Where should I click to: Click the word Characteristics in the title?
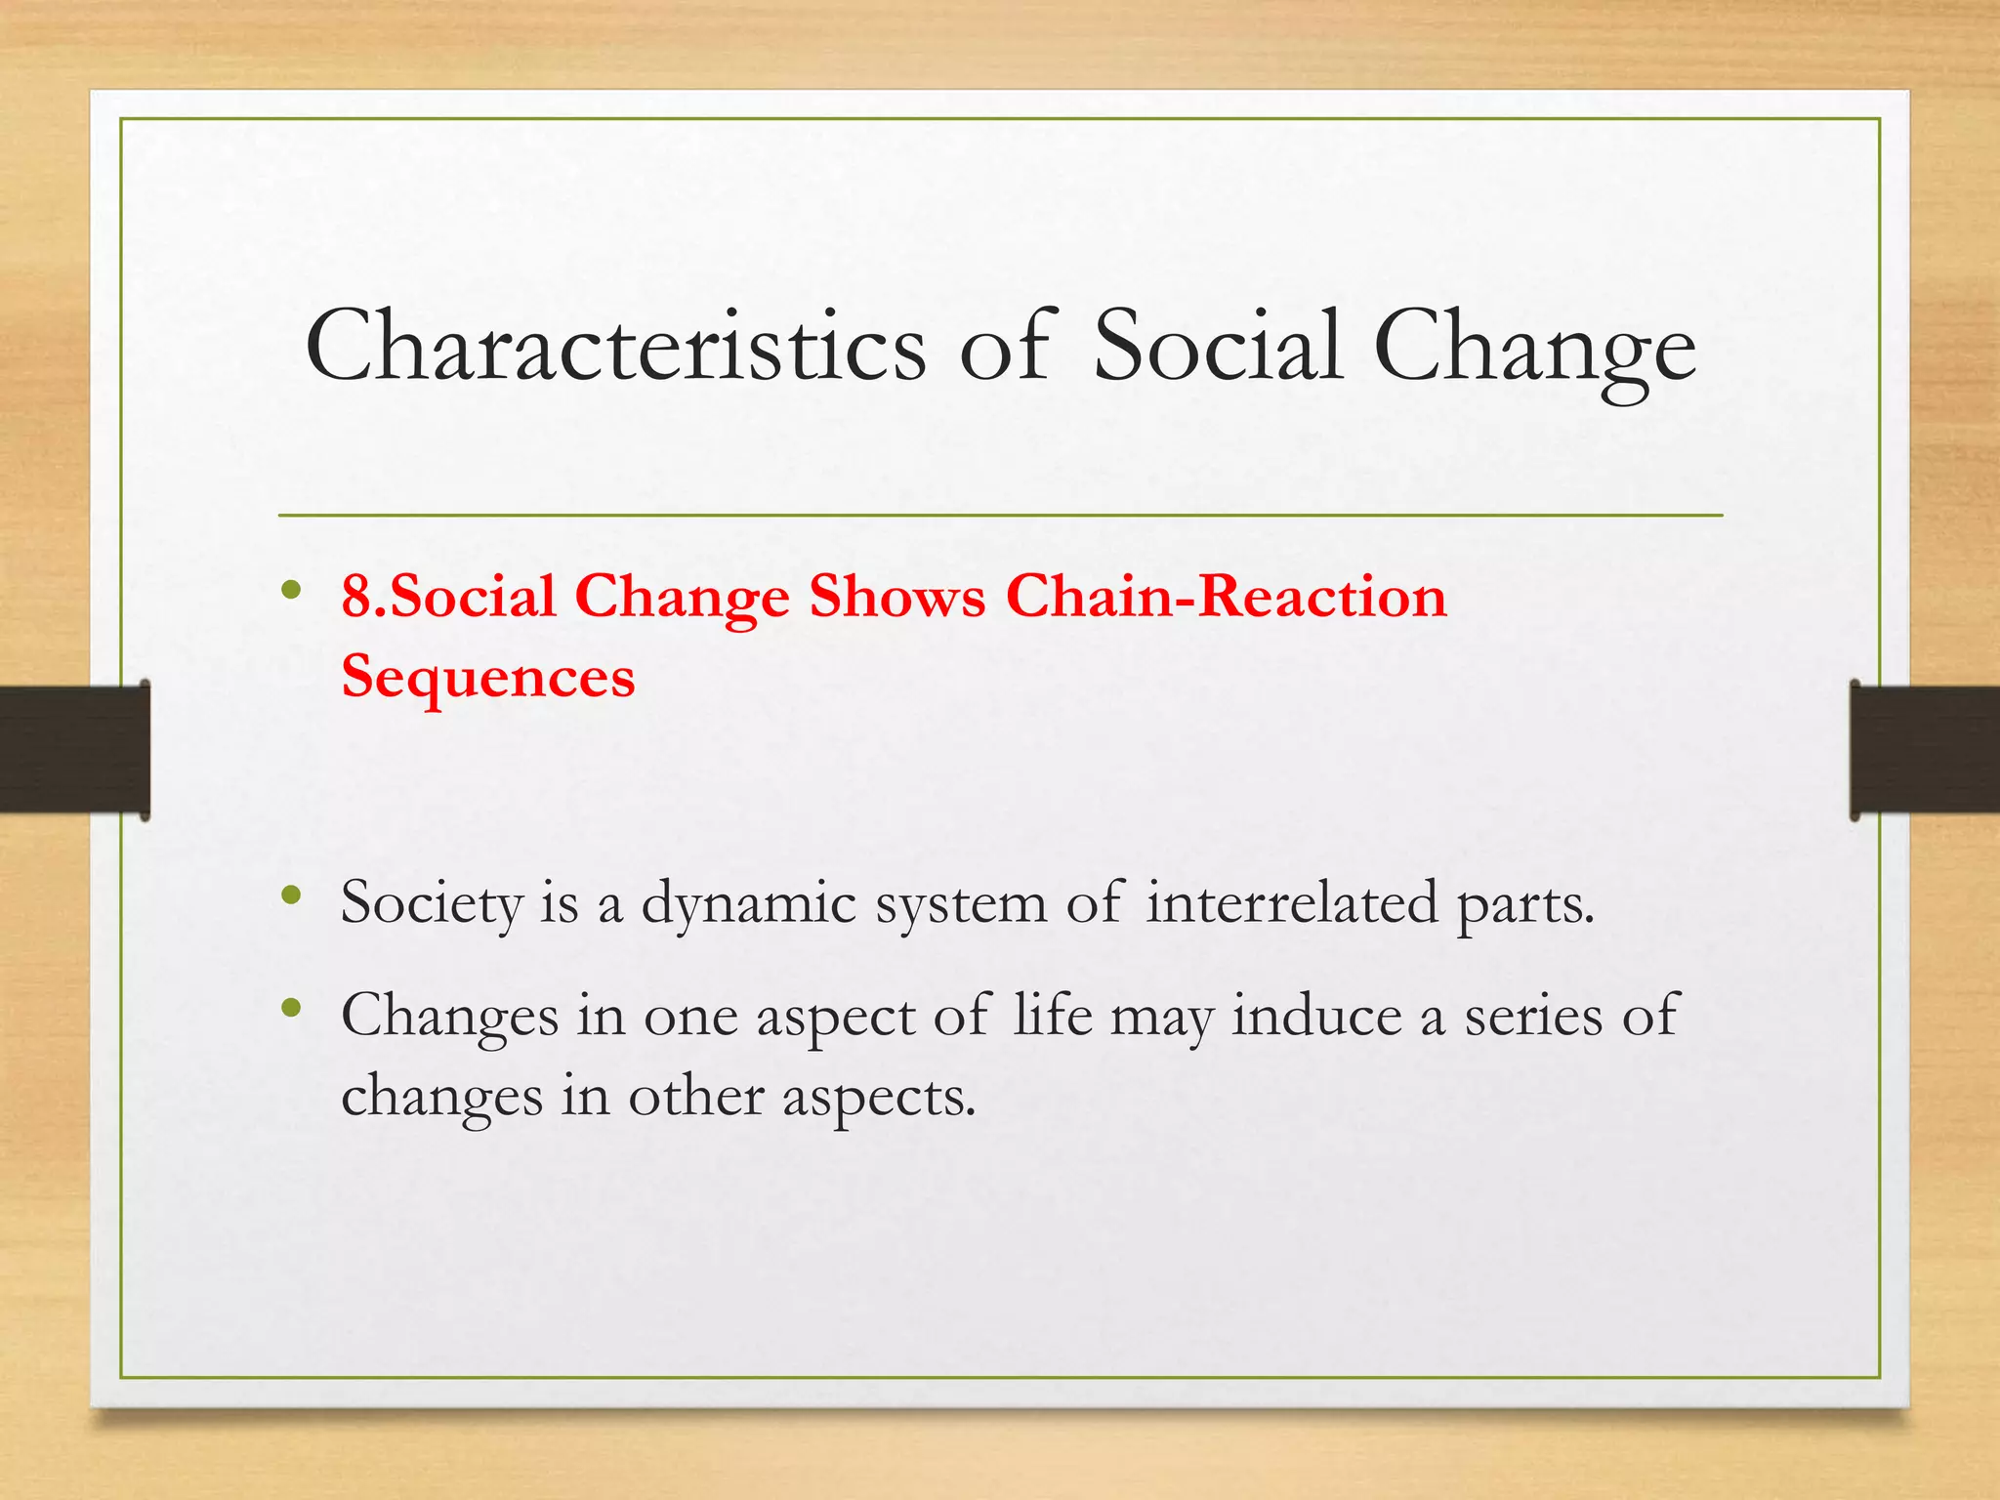point(615,348)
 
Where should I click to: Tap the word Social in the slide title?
point(1217,346)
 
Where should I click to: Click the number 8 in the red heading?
point(356,597)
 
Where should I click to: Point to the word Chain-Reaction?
point(1226,597)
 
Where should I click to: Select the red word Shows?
point(896,597)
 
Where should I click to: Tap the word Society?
point(432,903)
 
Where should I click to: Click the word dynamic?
point(748,903)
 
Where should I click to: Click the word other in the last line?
point(695,1096)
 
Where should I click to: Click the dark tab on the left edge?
point(74,749)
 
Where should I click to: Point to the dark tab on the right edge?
point(1925,749)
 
